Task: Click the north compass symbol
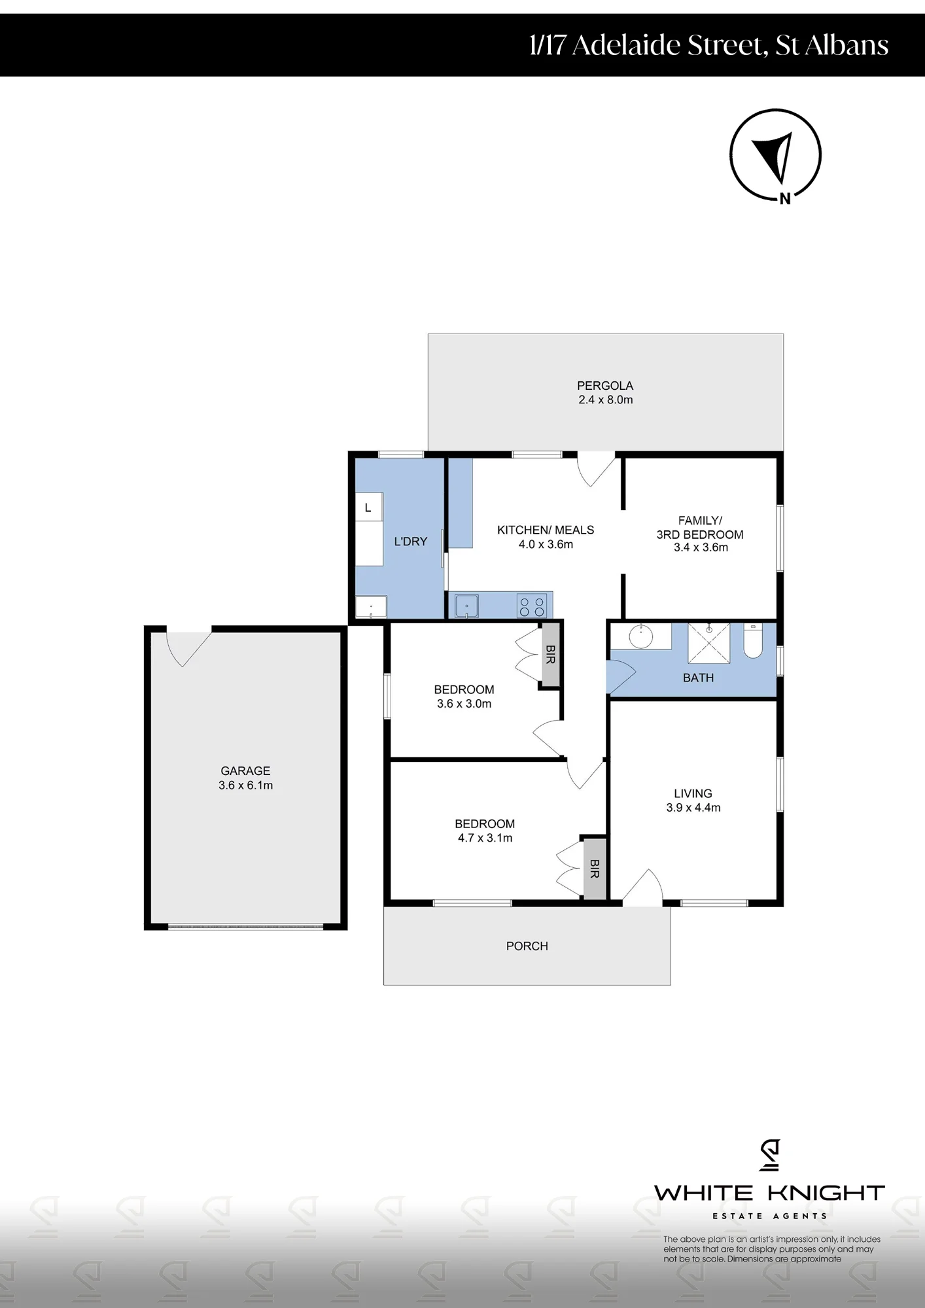[775, 156]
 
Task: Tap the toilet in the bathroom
[753, 640]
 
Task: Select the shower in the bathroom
[709, 643]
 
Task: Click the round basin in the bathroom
[641, 636]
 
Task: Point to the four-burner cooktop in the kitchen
[532, 606]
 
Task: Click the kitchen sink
[466, 606]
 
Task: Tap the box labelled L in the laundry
[368, 508]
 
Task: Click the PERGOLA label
[605, 386]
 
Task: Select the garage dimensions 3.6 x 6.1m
[246, 785]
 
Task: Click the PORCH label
[527, 946]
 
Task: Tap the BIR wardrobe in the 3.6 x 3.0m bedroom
[550, 655]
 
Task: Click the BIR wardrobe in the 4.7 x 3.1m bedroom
[595, 869]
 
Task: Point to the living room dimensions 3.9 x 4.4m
[693, 808]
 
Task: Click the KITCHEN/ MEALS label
[546, 530]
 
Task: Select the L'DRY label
[410, 542]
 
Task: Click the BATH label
[698, 678]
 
